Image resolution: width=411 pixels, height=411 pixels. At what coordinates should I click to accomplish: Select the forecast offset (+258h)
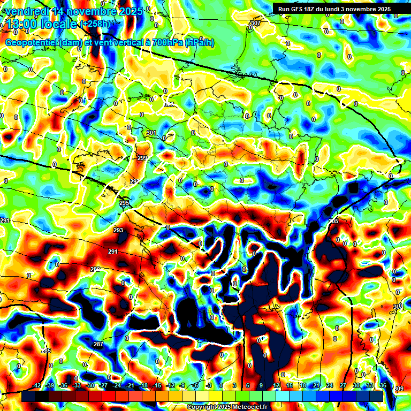pos(95,24)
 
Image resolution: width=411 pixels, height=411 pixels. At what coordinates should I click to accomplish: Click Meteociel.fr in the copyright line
pos(246,407)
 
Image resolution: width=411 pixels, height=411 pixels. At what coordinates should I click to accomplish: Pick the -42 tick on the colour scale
pos(37,385)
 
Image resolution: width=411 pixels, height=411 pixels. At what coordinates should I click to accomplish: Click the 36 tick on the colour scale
pos(383,385)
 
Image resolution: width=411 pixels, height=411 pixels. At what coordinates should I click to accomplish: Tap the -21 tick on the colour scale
pos(130,385)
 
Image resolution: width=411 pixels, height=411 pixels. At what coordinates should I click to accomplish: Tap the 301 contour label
pos(151,133)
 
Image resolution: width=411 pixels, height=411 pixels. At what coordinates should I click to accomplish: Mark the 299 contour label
pos(142,158)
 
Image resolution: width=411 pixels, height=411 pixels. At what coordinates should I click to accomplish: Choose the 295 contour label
pos(125,203)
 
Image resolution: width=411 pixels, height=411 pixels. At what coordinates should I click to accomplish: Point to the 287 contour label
pos(98,344)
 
